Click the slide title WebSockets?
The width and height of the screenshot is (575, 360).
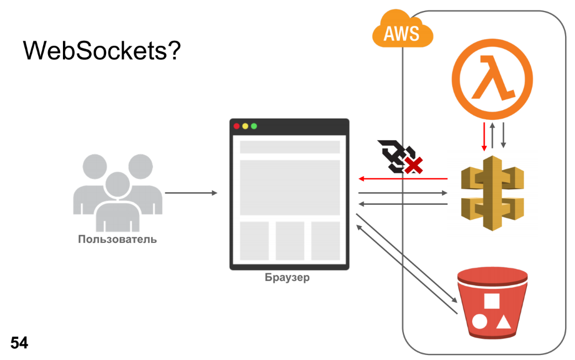(102, 51)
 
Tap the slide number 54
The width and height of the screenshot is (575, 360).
(19, 343)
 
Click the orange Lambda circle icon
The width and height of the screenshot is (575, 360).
(492, 80)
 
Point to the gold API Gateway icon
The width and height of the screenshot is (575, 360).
(492, 193)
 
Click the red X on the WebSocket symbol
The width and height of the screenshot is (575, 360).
(414, 165)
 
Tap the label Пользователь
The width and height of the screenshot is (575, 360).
(117, 240)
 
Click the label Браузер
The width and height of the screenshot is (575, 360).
(287, 278)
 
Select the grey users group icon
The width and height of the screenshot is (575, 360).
(117, 191)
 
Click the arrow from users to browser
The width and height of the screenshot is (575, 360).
(191, 193)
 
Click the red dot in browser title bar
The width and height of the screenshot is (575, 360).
(236, 126)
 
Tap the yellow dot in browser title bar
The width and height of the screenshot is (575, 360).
(245, 126)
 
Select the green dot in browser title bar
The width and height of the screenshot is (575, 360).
(254, 126)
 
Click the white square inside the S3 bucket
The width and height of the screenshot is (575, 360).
(492, 301)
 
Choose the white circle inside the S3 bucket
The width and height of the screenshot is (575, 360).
(479, 321)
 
